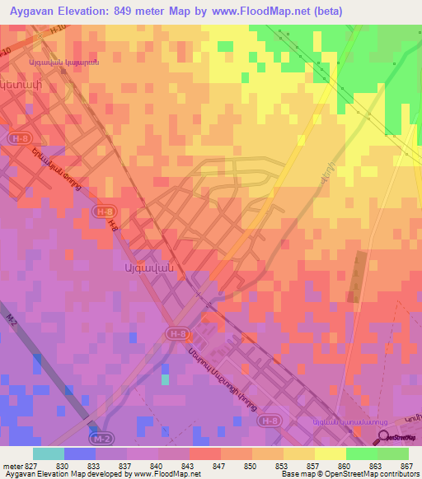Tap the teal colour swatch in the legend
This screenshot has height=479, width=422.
click(48, 453)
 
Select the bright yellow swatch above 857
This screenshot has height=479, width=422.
click(330, 453)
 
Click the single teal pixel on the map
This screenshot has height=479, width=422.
click(165, 379)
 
